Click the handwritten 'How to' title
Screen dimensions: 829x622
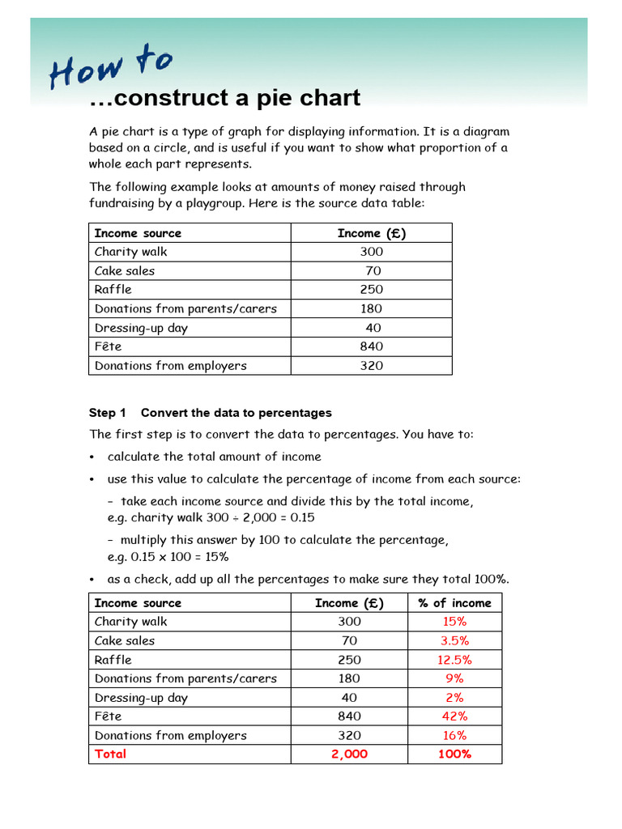pos(110,67)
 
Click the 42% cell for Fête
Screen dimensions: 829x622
pos(454,716)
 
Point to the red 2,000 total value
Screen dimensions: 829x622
pos(349,754)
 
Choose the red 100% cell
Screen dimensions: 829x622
pos(454,754)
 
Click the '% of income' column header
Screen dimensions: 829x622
pos(454,603)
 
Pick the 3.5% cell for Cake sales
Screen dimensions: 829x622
pos(454,640)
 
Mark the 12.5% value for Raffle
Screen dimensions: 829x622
pos(454,660)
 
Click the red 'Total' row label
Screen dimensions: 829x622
pos(111,754)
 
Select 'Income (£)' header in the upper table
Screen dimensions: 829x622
pos(372,233)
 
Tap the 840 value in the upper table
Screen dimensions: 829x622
pos(372,346)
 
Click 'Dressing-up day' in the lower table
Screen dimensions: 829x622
pos(141,698)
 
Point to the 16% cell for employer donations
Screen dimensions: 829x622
pos(454,735)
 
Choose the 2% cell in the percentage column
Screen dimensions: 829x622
pos(454,698)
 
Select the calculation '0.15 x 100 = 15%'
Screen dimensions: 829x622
pos(168,557)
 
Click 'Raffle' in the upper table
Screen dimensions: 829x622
pos(113,290)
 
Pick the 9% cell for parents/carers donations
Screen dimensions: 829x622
pos(454,678)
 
